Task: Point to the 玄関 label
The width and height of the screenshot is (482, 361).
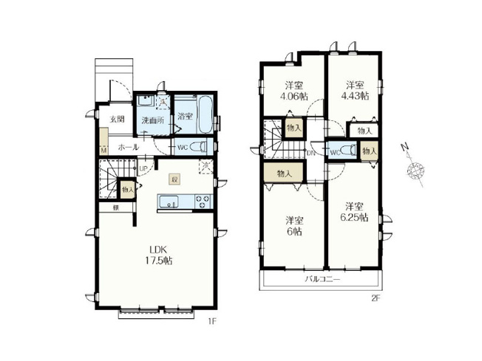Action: pyautogui.click(x=118, y=118)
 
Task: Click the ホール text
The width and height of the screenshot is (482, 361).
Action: pyautogui.click(x=128, y=147)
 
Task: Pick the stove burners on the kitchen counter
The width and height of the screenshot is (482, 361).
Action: pyautogui.click(x=201, y=202)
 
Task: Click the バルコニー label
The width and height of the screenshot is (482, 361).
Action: pyautogui.click(x=322, y=280)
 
